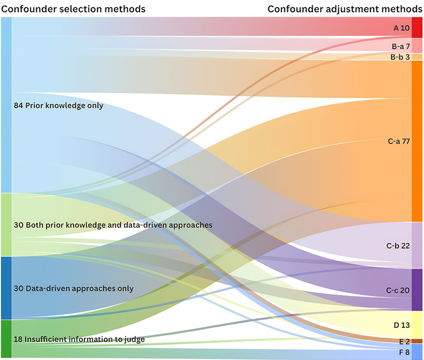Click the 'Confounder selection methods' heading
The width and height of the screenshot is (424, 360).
(x=73, y=8)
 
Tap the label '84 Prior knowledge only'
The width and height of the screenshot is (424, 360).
(x=59, y=106)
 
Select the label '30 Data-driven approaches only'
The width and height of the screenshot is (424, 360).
(x=74, y=288)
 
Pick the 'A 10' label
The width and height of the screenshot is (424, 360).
(x=401, y=28)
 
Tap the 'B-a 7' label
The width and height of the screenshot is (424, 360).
(x=400, y=46)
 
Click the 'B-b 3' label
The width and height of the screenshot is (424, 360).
(x=400, y=57)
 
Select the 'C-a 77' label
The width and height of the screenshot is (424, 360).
(x=398, y=141)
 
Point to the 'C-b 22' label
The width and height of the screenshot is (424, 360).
(x=398, y=245)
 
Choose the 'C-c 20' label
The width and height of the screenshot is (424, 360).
(x=398, y=290)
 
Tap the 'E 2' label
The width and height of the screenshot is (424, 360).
(x=403, y=341)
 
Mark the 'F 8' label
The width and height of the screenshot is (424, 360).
(x=403, y=352)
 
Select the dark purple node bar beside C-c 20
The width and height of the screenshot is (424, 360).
(x=417, y=289)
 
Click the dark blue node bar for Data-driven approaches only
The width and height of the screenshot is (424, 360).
(x=6, y=288)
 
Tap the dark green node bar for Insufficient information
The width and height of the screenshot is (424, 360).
(x=6, y=339)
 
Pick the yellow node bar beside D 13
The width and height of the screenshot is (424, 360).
(x=417, y=324)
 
